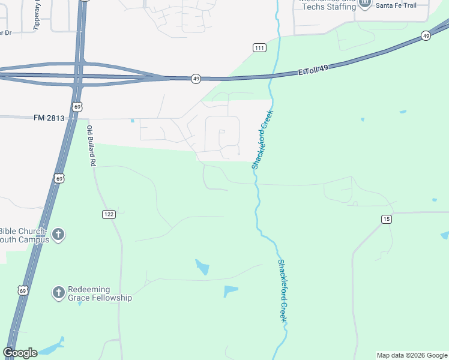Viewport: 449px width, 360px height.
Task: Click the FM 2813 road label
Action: coord(49,118)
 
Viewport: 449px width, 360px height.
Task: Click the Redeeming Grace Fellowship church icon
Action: coord(58,292)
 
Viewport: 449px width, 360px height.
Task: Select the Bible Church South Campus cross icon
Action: coord(58,235)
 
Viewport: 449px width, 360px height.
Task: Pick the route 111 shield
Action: coord(259,48)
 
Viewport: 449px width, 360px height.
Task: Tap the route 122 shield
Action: coord(108,214)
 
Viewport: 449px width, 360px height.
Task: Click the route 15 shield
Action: coord(386,219)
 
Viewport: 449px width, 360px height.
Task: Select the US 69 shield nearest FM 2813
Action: coord(76,107)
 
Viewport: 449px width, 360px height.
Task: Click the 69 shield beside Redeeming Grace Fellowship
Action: coord(23,290)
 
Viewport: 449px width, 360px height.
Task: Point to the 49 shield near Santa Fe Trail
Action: coord(426,36)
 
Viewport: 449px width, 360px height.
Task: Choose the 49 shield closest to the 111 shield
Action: coord(196,79)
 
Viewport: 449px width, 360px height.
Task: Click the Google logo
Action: coord(20,353)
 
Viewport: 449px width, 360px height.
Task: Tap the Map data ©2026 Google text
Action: coord(412,355)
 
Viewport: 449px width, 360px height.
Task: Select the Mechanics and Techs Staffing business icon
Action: coord(365,4)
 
